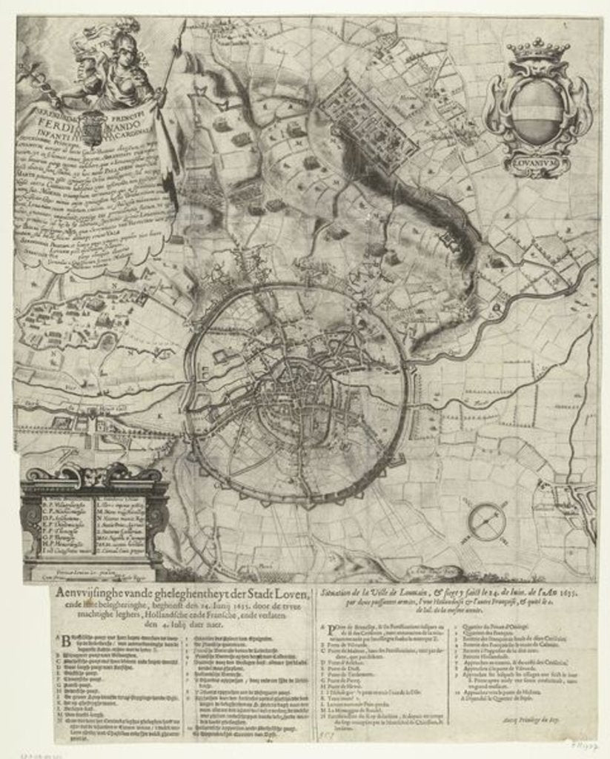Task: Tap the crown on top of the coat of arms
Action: coord(537,51)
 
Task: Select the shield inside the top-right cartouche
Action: coord(537,111)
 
